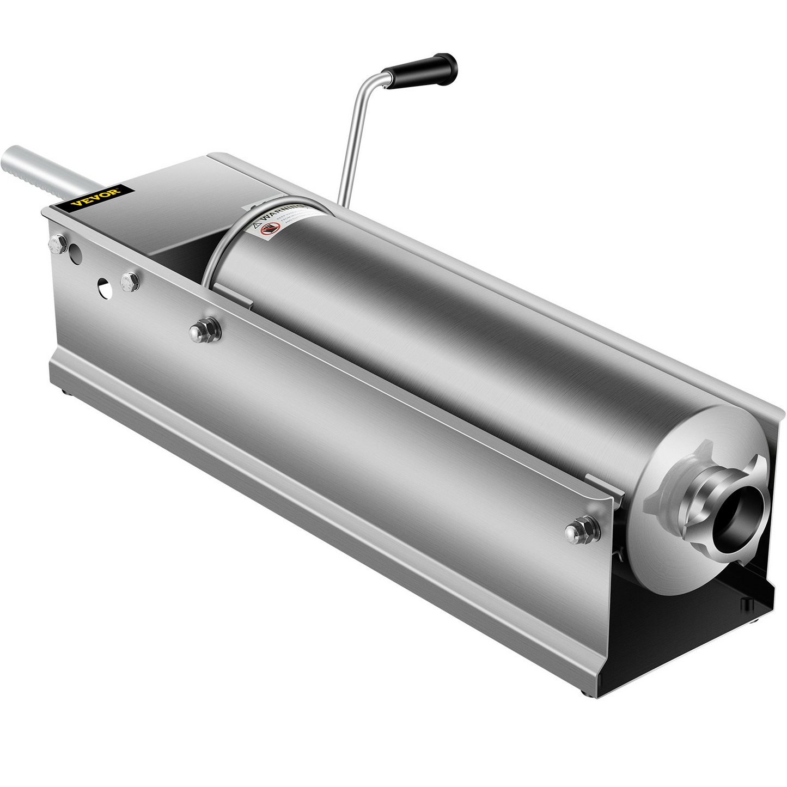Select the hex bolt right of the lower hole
tap(128, 283)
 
